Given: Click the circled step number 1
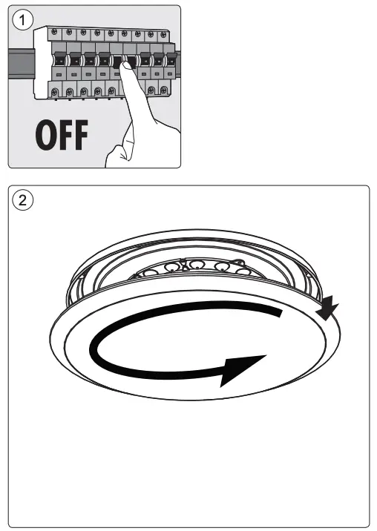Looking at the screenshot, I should click(x=24, y=20).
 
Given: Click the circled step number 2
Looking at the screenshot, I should click(x=24, y=200).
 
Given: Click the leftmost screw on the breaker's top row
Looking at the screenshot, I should click(x=54, y=33).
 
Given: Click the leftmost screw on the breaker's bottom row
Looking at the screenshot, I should click(x=55, y=91).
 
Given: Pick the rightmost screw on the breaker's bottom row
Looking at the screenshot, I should click(x=165, y=91).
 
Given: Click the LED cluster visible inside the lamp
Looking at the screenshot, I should click(x=196, y=266).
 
